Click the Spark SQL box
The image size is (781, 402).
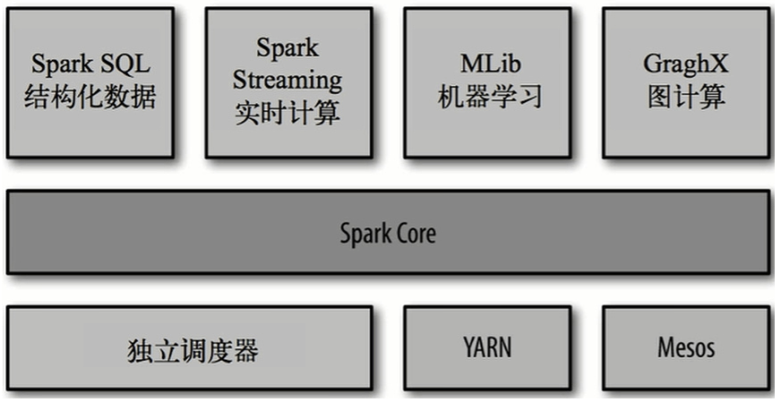[90, 81]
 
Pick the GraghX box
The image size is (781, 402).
[685, 81]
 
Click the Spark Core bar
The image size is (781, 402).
[388, 232]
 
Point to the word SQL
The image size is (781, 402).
[125, 64]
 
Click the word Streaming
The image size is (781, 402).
[288, 80]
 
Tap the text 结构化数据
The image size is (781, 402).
[90, 97]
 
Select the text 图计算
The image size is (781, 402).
[686, 97]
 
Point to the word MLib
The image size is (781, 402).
[489, 64]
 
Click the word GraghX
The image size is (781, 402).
[686, 64]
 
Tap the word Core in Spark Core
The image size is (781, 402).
[415, 234]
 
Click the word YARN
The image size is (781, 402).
[488, 346]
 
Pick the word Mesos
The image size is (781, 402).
[686, 346]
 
